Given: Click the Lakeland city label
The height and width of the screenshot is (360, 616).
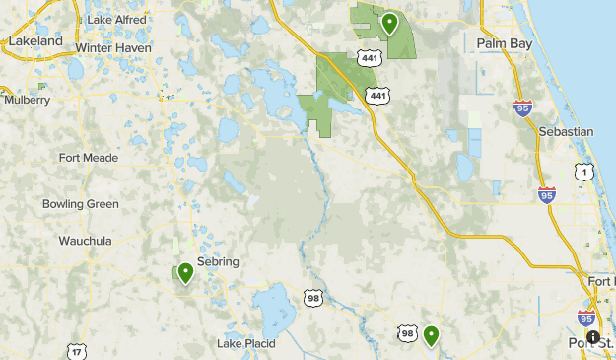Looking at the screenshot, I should click(34, 41).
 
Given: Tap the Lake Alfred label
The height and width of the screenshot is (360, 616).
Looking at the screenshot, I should click(116, 20).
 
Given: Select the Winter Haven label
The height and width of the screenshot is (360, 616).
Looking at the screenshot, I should click(113, 47).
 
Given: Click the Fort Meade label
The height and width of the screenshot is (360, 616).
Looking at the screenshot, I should click(89, 158).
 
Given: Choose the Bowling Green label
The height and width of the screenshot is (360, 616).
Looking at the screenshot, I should click(81, 204).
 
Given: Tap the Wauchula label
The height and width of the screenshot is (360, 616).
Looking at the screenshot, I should click(85, 241).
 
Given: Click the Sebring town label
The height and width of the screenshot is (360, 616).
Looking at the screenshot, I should click(218, 261).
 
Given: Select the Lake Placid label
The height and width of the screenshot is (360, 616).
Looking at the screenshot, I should click(246, 343).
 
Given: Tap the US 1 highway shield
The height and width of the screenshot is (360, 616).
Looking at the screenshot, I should click(585, 172).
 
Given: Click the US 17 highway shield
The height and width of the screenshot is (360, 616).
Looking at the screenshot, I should click(76, 351).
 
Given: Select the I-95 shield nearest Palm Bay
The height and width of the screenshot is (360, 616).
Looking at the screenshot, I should click(523, 108).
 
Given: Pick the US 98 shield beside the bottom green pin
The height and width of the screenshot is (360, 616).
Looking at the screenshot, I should click(407, 334).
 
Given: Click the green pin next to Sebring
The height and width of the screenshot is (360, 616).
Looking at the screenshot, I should click(185, 271).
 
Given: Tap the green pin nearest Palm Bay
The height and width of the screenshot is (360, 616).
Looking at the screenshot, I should click(390, 22).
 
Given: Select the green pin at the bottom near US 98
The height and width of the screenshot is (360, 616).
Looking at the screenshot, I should click(432, 335).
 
